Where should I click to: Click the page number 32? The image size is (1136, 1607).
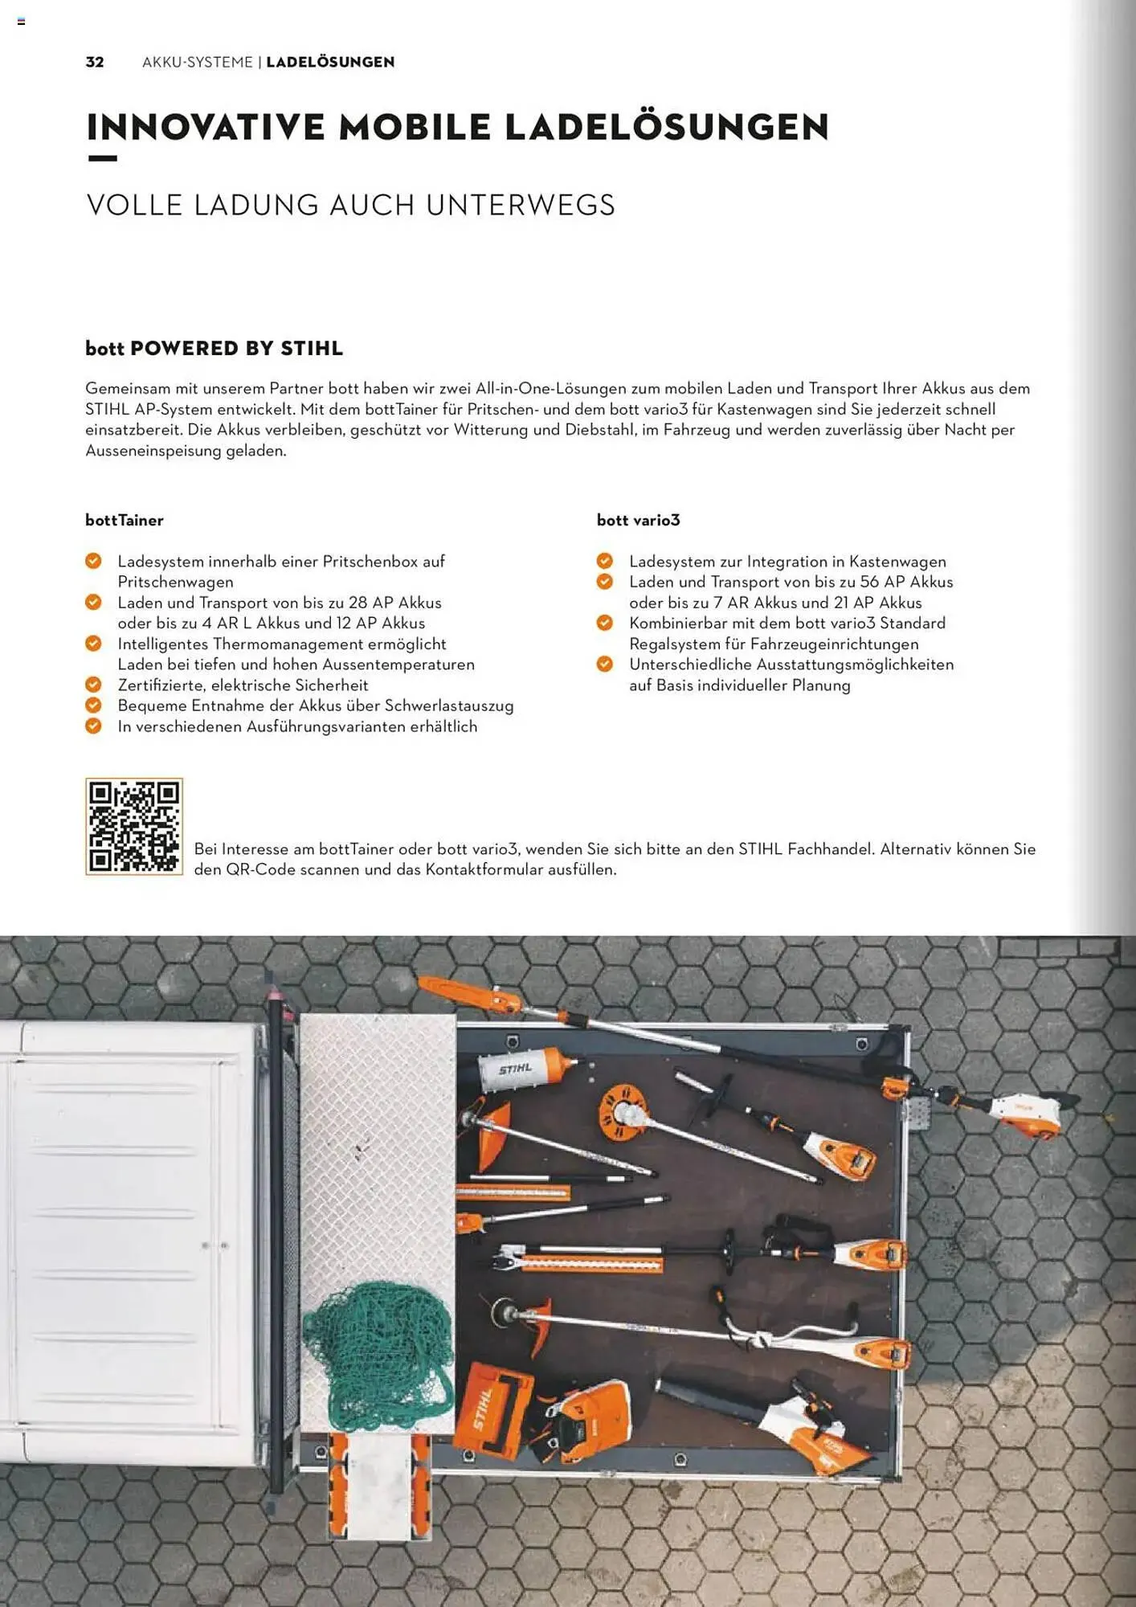(x=95, y=62)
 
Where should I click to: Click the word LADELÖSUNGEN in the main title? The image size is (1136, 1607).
(x=666, y=127)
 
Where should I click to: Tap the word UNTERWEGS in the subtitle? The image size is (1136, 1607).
(x=520, y=205)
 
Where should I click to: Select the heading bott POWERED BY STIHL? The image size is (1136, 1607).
(x=214, y=348)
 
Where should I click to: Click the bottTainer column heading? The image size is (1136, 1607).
(x=125, y=520)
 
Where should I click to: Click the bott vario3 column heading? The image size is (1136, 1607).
(x=638, y=520)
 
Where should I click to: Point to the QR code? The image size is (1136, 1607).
(x=134, y=826)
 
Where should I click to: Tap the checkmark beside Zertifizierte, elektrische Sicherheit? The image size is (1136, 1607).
(x=93, y=685)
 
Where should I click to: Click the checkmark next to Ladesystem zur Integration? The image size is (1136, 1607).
(x=605, y=561)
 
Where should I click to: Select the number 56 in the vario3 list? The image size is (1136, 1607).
(x=869, y=582)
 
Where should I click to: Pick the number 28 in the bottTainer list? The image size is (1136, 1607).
(x=358, y=603)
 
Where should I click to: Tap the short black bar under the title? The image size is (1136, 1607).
(x=102, y=158)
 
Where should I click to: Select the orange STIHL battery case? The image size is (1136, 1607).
(x=493, y=1411)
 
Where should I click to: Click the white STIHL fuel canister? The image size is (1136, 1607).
(x=522, y=1069)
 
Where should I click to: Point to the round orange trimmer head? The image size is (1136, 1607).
(x=624, y=1112)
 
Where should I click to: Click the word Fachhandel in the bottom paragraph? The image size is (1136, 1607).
(x=830, y=848)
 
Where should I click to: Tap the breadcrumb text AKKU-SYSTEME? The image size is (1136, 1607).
(x=197, y=62)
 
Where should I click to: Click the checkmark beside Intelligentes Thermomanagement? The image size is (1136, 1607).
(x=93, y=644)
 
